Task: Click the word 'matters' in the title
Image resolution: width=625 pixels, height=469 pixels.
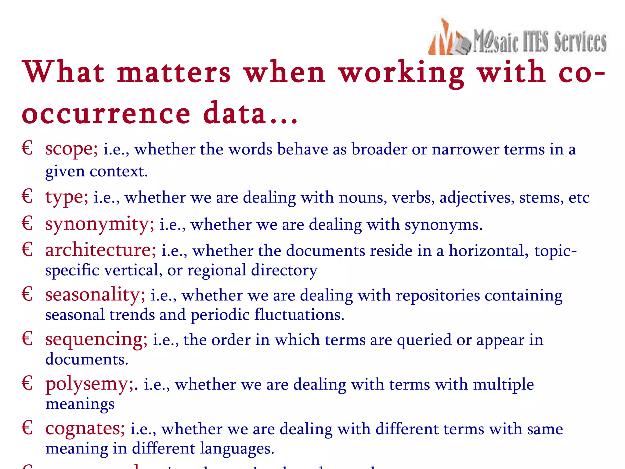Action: pos(174,73)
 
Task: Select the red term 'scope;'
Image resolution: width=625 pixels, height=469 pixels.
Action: pos(71,149)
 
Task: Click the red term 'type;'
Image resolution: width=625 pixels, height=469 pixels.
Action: pos(67,197)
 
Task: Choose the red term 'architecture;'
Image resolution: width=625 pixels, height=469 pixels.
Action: pos(100,250)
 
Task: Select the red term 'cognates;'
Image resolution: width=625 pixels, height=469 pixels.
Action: pos(85,429)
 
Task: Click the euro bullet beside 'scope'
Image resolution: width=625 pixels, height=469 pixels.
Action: pos(27,148)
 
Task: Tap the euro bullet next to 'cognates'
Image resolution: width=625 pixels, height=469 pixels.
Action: pos(27,428)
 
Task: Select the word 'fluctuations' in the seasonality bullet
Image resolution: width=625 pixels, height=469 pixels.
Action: pos(299,315)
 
